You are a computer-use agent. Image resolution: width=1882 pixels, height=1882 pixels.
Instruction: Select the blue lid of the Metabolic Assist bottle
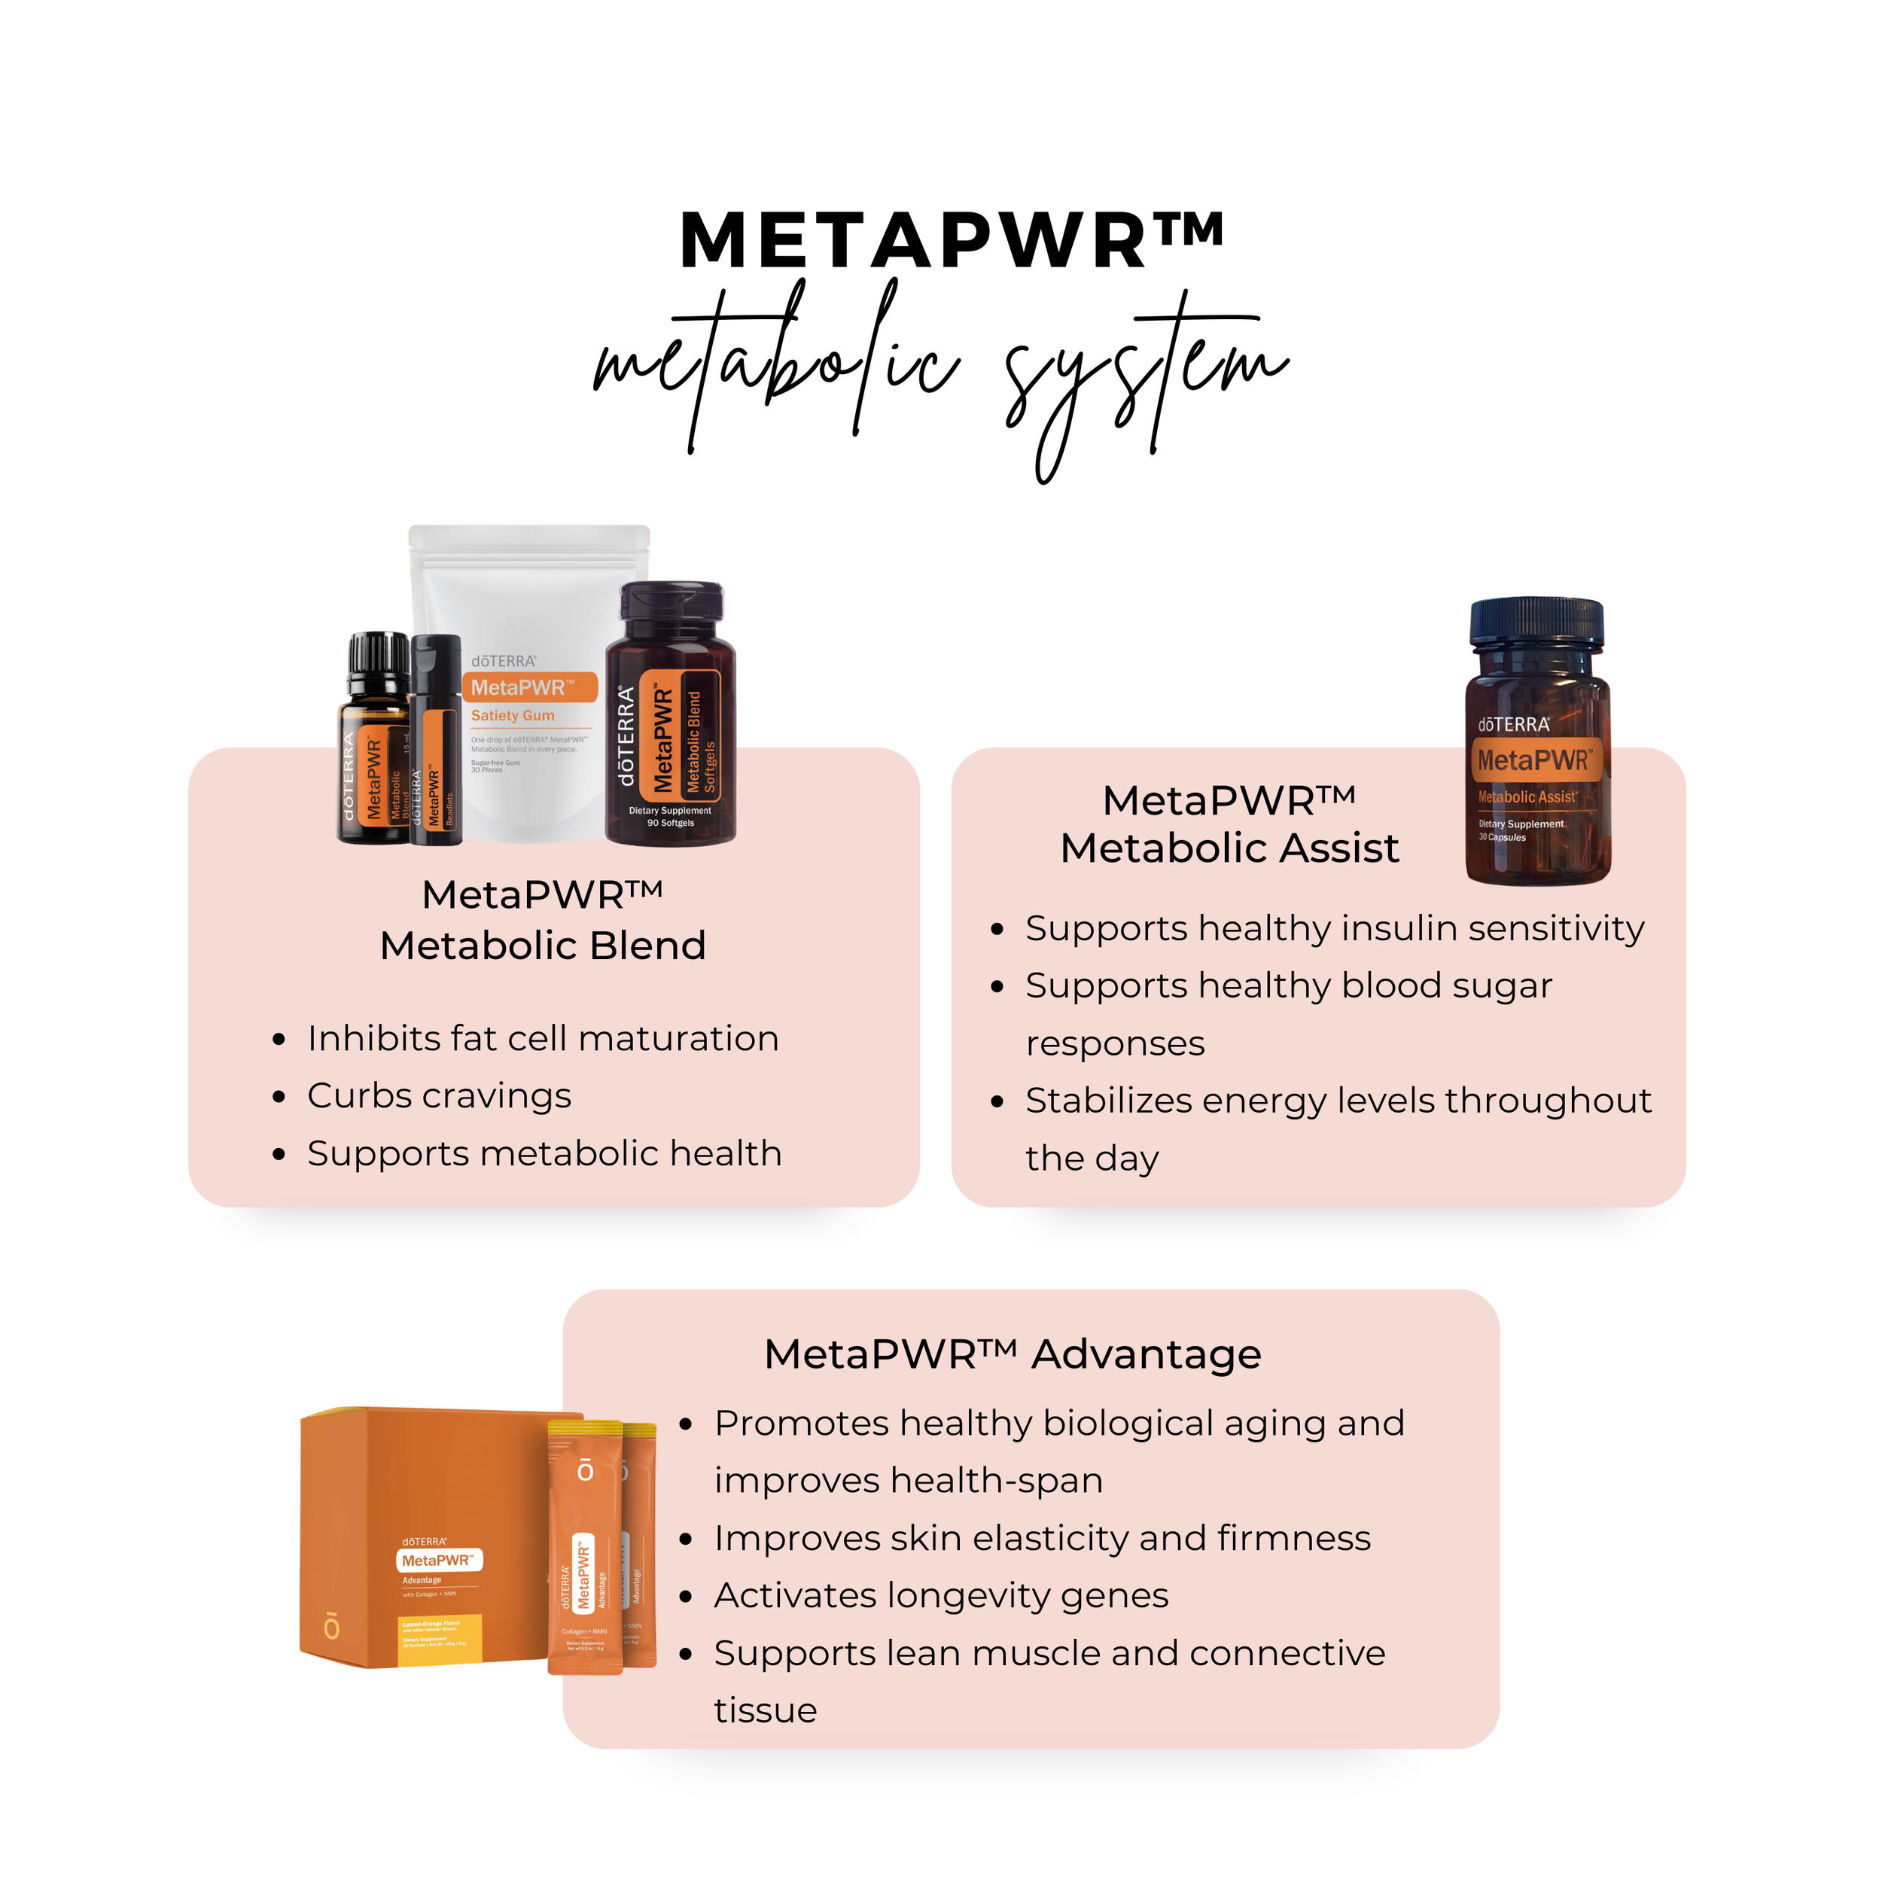tap(1536, 623)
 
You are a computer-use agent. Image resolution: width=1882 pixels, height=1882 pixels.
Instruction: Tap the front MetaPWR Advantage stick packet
tap(584, 1549)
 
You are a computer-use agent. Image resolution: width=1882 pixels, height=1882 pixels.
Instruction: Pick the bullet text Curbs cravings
tap(440, 1096)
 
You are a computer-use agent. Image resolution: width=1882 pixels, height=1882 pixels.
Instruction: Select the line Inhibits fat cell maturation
tap(543, 1038)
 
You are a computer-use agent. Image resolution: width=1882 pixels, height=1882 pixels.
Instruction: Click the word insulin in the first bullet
tap(1394, 928)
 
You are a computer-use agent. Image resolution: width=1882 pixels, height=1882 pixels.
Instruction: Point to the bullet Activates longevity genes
tap(940, 1596)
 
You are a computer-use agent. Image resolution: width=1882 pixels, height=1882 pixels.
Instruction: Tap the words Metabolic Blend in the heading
tap(543, 946)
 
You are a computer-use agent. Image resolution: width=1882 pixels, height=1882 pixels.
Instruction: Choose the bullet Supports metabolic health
tap(544, 1153)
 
